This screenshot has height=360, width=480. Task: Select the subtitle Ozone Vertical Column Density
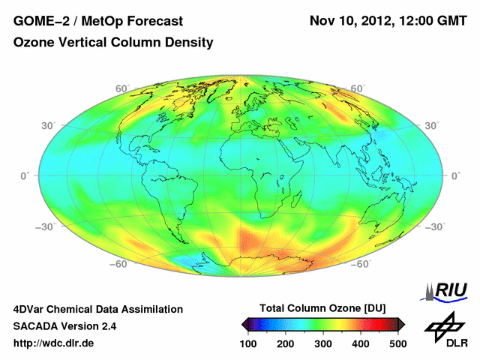(113, 43)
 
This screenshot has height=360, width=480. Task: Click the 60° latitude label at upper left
(121, 88)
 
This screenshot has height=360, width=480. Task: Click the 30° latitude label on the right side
(432, 125)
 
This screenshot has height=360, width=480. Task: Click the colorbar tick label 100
(248, 343)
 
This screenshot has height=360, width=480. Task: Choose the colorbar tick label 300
(322, 343)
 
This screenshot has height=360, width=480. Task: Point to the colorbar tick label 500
(397, 343)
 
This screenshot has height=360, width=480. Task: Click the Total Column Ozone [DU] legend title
(322, 308)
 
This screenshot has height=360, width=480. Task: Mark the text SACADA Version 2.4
(64, 326)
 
